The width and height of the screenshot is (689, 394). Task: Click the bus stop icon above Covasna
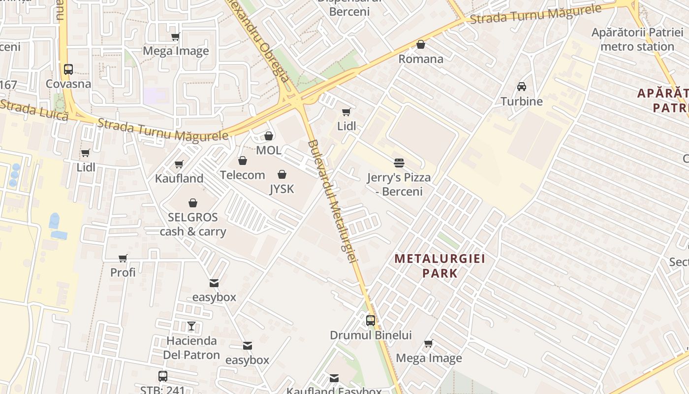click(x=68, y=69)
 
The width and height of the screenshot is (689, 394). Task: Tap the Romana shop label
click(x=421, y=59)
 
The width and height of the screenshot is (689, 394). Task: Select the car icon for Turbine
click(x=522, y=87)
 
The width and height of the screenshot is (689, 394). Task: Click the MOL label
click(x=269, y=150)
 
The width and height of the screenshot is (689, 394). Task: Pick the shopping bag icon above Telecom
click(x=242, y=161)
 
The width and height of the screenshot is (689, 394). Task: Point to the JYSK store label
click(x=282, y=189)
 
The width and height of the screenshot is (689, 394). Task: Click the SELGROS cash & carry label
click(x=193, y=225)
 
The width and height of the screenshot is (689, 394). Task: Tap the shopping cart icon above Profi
click(x=123, y=258)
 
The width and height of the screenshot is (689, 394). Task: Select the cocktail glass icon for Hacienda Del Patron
click(x=191, y=326)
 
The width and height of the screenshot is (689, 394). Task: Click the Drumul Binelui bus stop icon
click(x=371, y=321)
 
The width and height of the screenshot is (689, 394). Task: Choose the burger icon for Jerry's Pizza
click(x=399, y=163)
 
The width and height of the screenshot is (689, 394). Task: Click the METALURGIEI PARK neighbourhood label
click(x=440, y=265)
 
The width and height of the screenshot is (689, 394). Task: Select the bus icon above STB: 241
click(x=163, y=376)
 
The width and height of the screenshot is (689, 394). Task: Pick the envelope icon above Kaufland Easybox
click(x=334, y=378)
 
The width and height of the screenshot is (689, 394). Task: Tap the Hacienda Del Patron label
click(x=191, y=348)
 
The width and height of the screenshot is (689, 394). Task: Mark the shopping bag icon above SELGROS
click(x=193, y=203)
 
